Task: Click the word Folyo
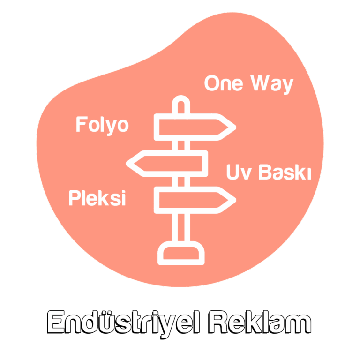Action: coord(102,125)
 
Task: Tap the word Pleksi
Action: coord(97,198)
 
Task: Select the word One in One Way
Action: coord(224,83)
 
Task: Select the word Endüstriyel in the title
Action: coord(123,323)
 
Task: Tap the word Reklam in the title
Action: coord(259,323)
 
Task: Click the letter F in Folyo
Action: coord(81,125)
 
